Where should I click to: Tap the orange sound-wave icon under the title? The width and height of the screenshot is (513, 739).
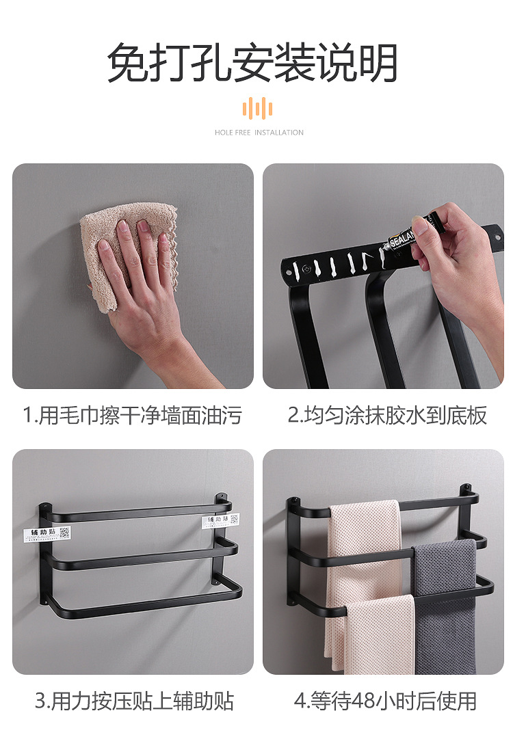coord(257,108)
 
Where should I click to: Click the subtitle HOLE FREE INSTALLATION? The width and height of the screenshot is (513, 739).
coord(259,133)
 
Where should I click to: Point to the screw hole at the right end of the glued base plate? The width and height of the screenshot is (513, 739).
coord(497,237)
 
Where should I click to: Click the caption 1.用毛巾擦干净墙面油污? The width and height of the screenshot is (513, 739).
coord(132,415)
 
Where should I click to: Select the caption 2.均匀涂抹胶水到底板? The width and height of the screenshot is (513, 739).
coord(387,415)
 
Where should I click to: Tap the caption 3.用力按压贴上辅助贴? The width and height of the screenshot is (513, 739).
coord(134,701)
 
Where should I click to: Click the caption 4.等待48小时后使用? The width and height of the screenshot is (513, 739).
coord(385,701)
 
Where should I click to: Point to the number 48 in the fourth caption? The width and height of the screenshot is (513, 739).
coord(363,701)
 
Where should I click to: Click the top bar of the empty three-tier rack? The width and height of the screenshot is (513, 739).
coord(137,511)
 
